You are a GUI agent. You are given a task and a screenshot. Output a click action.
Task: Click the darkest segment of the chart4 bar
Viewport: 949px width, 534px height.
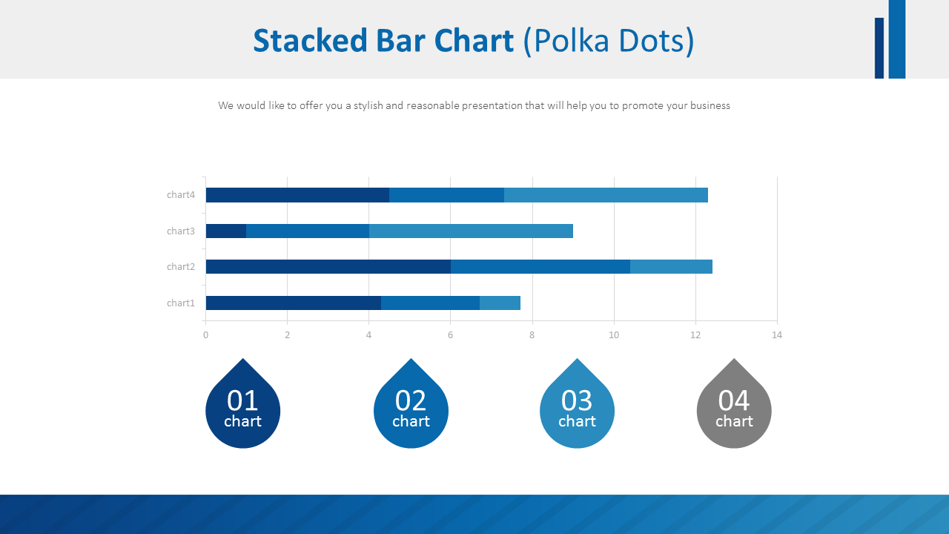pos(297,195)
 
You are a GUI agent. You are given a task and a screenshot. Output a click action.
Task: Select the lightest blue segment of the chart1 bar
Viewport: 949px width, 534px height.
pos(500,303)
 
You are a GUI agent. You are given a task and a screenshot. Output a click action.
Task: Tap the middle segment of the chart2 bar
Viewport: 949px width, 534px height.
pos(540,266)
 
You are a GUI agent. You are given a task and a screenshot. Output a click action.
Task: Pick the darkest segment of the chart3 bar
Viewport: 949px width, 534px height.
pos(225,231)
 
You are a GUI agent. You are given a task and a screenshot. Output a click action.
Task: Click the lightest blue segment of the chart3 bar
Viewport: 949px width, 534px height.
pos(471,231)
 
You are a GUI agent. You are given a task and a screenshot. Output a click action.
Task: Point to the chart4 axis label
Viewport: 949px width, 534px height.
pos(180,195)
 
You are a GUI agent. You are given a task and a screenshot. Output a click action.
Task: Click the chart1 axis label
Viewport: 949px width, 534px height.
pos(180,303)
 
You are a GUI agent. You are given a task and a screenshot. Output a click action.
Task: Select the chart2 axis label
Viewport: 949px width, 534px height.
pos(180,266)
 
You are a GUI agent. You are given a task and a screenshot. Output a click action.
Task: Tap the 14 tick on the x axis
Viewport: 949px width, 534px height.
pos(776,335)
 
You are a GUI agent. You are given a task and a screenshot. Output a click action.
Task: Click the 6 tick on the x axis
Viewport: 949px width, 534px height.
pos(450,335)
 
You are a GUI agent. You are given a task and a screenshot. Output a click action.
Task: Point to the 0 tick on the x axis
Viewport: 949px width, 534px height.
pos(205,335)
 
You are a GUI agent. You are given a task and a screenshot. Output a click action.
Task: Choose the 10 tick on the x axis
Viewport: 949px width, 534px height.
pos(613,335)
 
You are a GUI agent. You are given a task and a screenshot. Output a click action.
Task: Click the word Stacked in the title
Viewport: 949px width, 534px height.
pos(299,41)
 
